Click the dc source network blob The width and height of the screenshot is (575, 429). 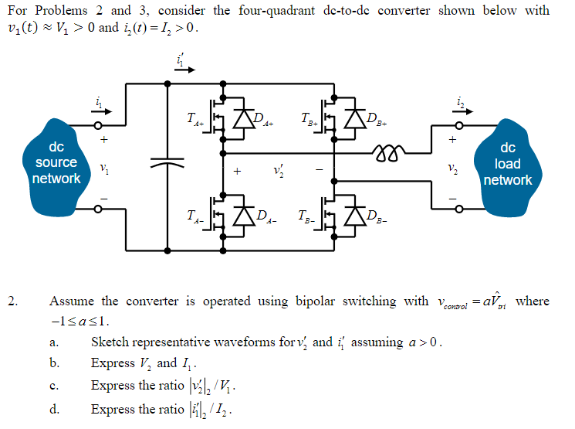(x=55, y=163)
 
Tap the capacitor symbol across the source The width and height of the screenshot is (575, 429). (x=167, y=163)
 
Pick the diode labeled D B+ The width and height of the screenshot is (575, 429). (x=356, y=118)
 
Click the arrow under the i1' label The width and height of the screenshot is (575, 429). (x=184, y=69)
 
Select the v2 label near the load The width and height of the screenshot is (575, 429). (x=462, y=168)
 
